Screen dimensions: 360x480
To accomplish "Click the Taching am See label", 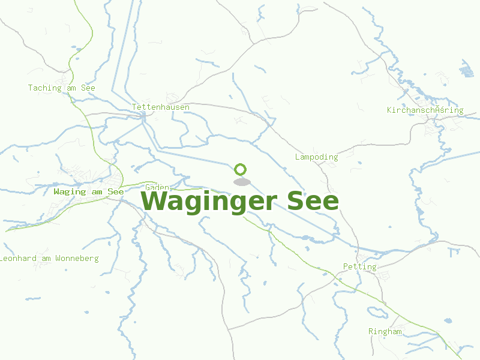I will (61, 88).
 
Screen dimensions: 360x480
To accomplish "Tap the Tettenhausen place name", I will (161, 107).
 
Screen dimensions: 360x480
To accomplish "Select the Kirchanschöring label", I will (425, 110).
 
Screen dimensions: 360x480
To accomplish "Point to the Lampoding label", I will (316, 157).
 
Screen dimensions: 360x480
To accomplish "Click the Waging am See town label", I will (88, 192).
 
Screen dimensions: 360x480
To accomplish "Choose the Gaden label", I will (157, 188).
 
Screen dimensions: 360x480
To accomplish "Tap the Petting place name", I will (359, 267).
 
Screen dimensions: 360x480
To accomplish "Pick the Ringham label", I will (385, 332).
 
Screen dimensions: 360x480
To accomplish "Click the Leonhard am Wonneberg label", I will (49, 259).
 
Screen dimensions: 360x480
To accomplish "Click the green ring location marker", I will (241, 169).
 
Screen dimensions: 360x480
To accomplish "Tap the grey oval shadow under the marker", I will (241, 182).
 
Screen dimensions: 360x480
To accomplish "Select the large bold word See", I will (313, 202).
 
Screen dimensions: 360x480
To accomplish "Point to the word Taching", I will (44, 88).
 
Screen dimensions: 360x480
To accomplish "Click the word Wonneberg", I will (77, 259).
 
